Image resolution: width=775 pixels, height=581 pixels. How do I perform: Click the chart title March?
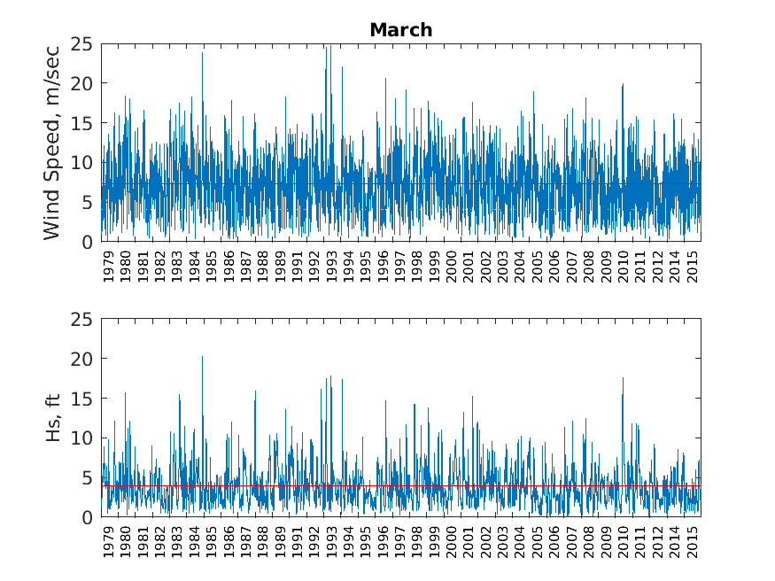tap(400, 30)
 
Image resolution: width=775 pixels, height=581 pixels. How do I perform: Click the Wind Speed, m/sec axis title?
tap(52, 143)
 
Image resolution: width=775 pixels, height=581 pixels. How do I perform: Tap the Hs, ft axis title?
tap(52, 418)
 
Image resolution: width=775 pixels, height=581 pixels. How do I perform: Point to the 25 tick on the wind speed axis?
tap(82, 43)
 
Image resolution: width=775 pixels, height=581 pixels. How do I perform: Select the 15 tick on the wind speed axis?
tap(82, 123)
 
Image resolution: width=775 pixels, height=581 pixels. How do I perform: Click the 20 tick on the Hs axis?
tap(82, 359)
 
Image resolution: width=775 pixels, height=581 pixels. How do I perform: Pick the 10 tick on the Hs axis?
tap(82, 438)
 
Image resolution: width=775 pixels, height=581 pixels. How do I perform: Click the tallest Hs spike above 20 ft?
tap(202, 357)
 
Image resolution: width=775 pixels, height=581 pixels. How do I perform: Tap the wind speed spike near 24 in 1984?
tap(202, 53)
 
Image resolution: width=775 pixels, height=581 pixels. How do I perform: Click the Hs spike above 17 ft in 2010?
tap(623, 378)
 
